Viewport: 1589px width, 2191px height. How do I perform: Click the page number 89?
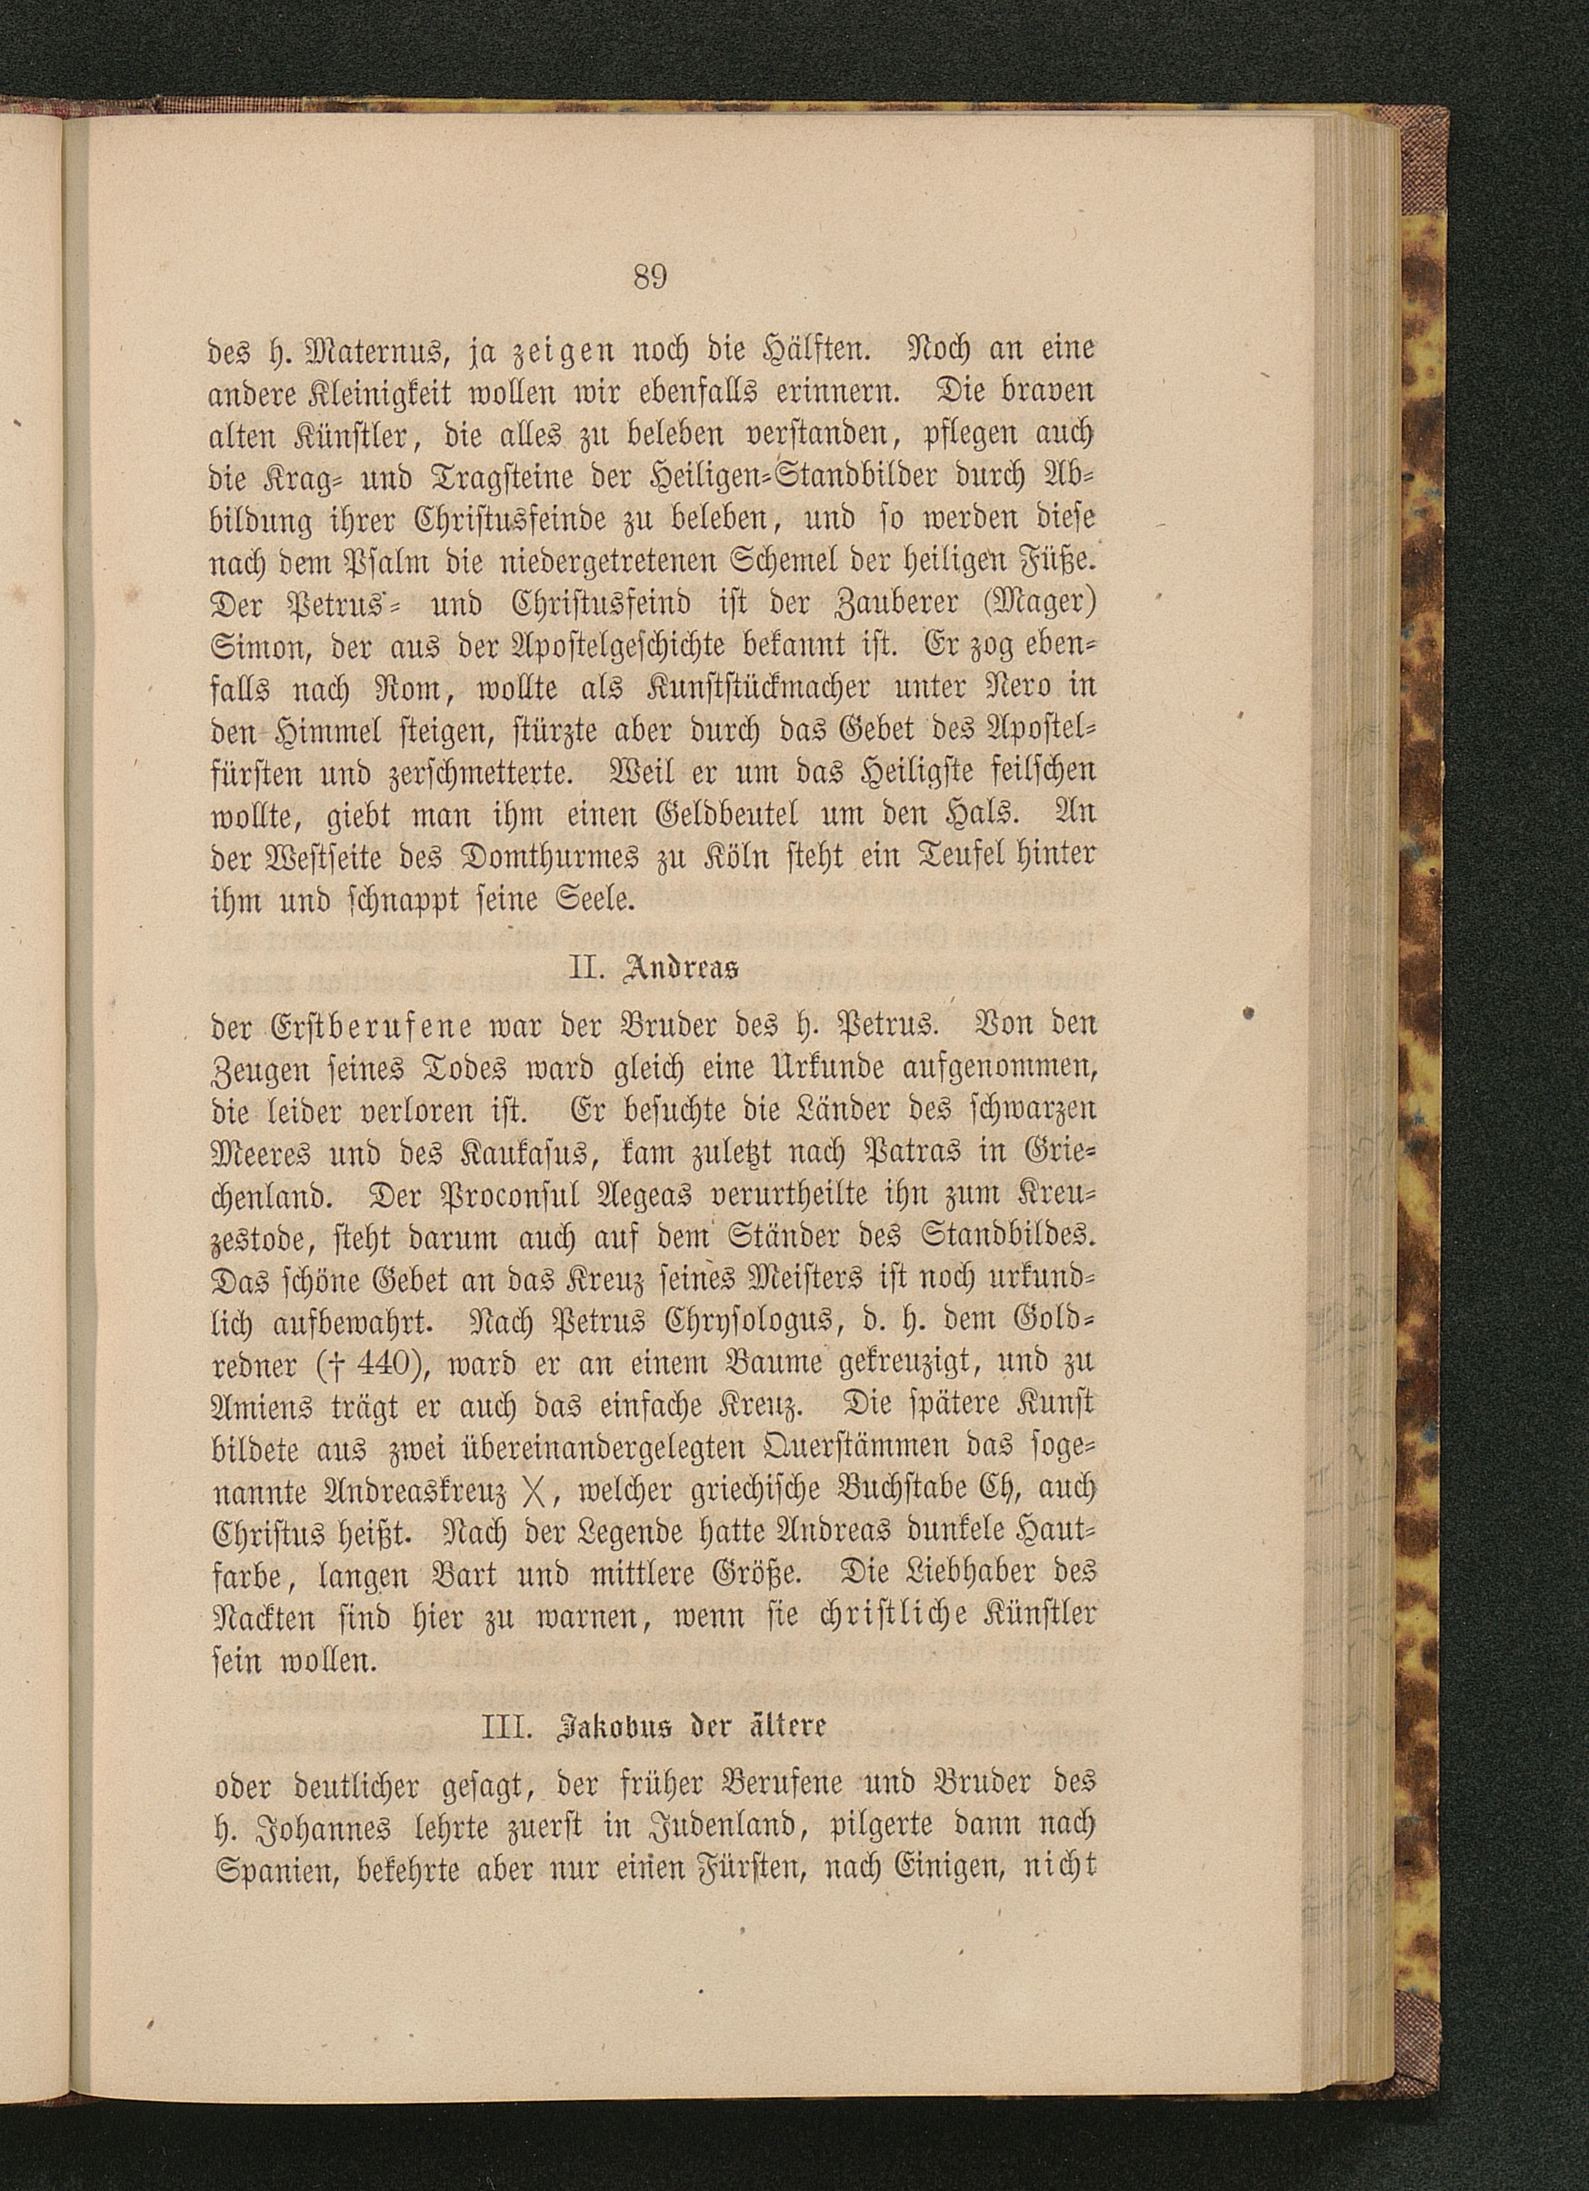click(650, 278)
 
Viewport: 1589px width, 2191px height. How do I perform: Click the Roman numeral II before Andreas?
click(584, 969)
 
